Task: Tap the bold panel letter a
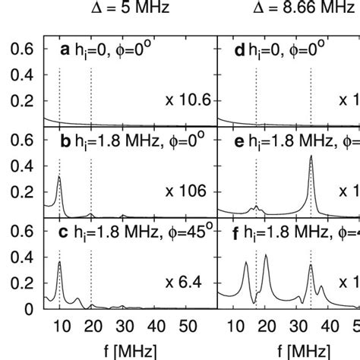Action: (65, 50)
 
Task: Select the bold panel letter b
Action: (65, 141)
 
